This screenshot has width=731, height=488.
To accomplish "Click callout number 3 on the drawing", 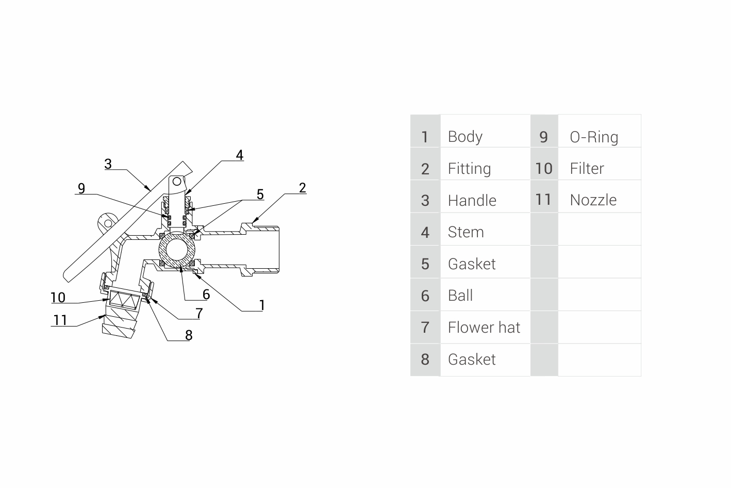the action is tap(108, 164).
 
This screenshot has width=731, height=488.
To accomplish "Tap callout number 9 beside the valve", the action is tap(81, 188).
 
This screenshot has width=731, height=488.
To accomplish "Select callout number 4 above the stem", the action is tap(240, 155).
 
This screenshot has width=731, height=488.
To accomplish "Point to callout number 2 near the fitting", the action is tap(303, 188).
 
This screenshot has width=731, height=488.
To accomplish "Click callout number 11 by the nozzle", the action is tap(60, 320).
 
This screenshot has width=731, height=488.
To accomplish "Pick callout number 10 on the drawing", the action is tap(58, 298).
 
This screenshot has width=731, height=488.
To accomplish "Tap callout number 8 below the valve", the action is tap(189, 335).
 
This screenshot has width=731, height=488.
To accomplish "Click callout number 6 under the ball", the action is tap(206, 295).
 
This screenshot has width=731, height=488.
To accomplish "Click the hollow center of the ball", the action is tap(177, 250).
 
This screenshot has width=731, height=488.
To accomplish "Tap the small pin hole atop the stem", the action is tap(176, 182).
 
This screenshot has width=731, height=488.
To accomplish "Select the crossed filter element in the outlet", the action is tap(124, 300).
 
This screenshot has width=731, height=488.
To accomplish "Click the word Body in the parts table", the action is tap(465, 137).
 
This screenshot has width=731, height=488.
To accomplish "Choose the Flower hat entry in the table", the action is tap(484, 327).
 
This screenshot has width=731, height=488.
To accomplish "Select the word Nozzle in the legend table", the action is tap(593, 200).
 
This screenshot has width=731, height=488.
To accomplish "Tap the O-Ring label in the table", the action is tap(594, 137).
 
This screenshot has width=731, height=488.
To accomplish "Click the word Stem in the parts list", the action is tap(466, 232).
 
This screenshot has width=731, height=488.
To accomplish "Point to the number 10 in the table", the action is tap(544, 169).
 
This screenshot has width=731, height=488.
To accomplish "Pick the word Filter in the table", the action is tap(587, 169).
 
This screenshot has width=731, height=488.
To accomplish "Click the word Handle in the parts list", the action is tap(472, 200).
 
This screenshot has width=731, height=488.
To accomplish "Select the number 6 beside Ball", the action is tap(425, 296).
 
